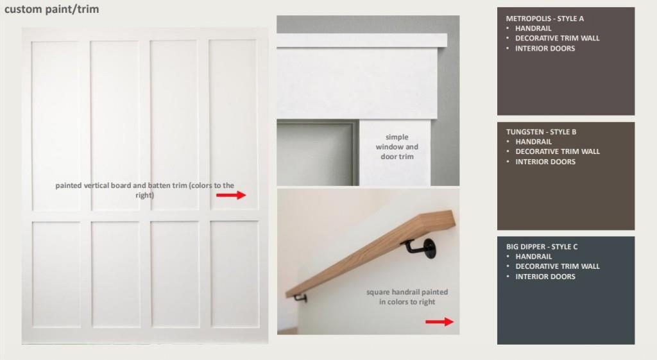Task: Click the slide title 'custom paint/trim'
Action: pos(51,9)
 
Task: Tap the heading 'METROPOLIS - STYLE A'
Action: pos(545,19)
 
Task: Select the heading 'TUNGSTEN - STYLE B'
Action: pos(541,132)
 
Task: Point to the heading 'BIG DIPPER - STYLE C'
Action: pos(542,247)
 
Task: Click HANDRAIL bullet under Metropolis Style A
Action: pos(533,28)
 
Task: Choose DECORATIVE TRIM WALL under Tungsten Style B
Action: pos(558,151)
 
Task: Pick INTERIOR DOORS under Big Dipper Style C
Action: pos(545,277)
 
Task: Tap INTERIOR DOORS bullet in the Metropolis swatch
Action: pos(545,49)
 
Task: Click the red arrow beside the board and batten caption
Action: pos(231,195)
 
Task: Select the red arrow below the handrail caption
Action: pos(439,322)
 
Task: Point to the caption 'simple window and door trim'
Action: pos(397,147)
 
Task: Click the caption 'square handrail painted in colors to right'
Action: pos(407,296)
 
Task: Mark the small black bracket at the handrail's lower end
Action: pos(300,298)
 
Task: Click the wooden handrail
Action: pos(370,253)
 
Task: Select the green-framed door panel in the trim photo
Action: pos(317,153)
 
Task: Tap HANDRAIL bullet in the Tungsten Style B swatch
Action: pos(533,142)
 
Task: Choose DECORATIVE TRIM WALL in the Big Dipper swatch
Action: pos(558,266)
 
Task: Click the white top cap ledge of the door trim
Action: pos(362,40)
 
